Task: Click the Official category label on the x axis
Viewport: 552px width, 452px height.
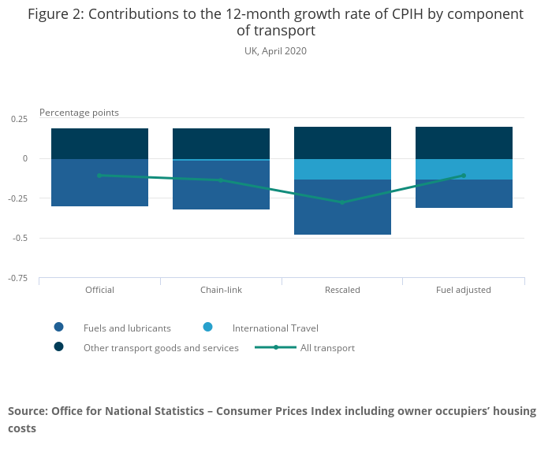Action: click(x=99, y=290)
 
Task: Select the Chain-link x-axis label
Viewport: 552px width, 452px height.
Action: click(x=221, y=290)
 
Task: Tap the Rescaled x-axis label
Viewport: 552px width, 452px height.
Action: click(x=342, y=290)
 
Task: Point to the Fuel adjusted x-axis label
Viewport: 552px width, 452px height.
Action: click(x=464, y=290)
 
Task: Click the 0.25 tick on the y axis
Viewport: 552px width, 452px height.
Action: click(x=19, y=119)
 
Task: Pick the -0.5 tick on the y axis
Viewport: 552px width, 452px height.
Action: click(x=20, y=238)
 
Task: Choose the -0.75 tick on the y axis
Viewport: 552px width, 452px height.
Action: click(x=17, y=278)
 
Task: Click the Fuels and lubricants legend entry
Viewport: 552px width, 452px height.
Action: click(x=126, y=328)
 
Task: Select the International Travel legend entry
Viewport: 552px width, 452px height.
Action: click(x=275, y=328)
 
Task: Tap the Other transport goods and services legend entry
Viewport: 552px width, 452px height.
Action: click(x=161, y=347)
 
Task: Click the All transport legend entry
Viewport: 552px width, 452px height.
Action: click(x=327, y=347)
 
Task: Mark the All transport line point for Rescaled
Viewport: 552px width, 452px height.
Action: click(x=342, y=202)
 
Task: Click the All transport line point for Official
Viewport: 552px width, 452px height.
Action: click(x=99, y=175)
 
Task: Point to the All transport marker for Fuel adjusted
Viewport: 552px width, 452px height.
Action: click(x=464, y=176)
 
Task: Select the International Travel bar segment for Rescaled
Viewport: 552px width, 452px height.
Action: click(x=342, y=169)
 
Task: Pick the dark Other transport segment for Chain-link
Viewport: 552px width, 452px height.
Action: click(x=221, y=143)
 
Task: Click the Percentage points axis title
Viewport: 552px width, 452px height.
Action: click(x=79, y=113)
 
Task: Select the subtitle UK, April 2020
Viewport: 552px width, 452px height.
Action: click(x=275, y=51)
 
